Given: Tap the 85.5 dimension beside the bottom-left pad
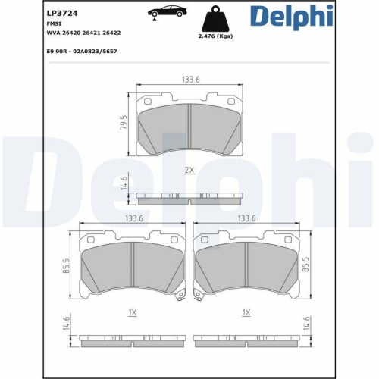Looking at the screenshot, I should click(67, 266).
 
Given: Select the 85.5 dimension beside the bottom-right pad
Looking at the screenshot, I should click(307, 266).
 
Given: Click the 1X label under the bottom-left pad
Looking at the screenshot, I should click(132, 312).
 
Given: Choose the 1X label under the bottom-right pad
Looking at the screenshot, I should click(245, 312).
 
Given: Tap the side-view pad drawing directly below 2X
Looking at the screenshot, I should click(189, 199).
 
